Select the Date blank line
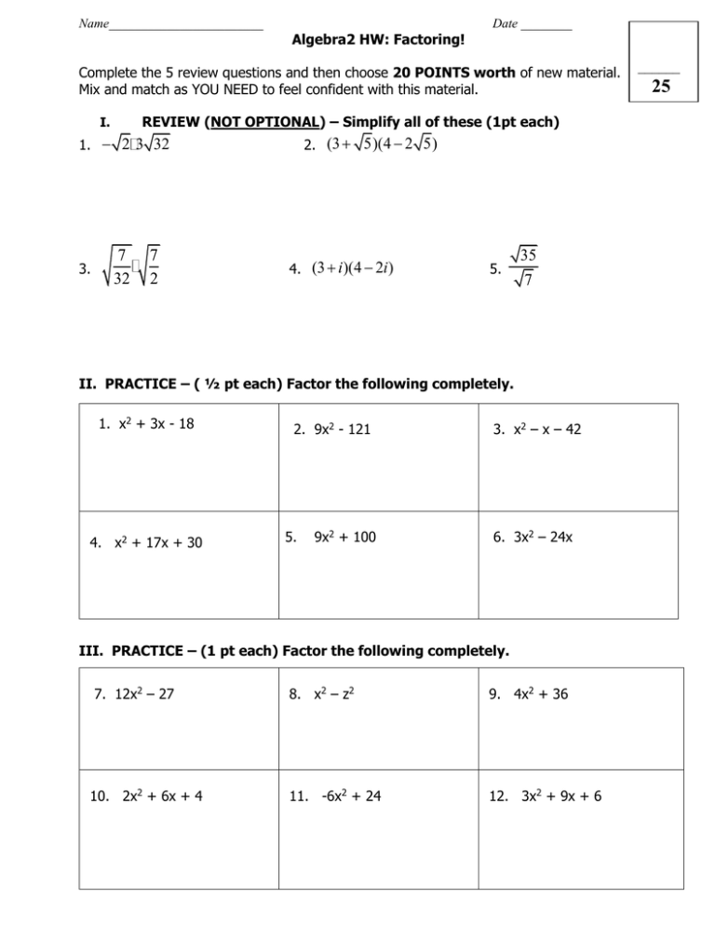[546, 23]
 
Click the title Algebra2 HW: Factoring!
[379, 41]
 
